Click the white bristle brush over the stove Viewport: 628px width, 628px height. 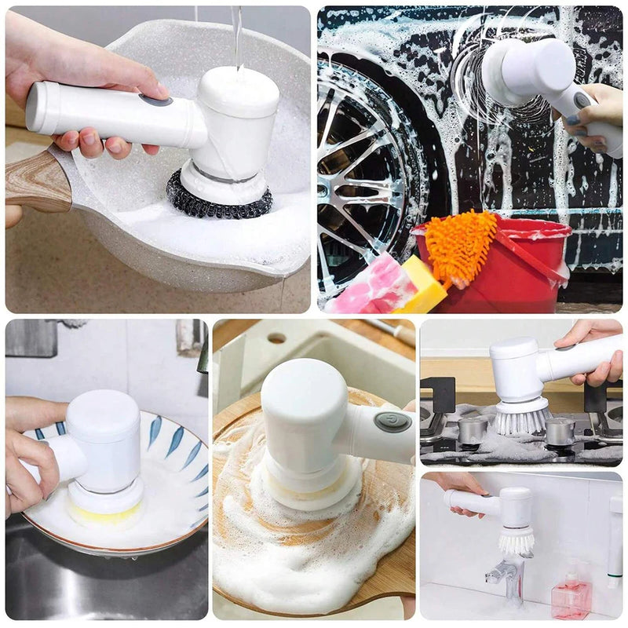pos(520,418)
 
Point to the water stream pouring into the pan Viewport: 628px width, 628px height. pos(236,35)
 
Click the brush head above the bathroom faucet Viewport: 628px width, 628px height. pos(516,540)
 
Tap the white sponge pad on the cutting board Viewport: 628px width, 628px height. pos(310,491)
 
